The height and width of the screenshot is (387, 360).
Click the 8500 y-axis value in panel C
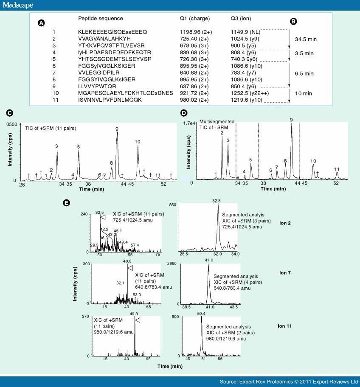12,124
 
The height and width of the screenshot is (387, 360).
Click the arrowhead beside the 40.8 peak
130,268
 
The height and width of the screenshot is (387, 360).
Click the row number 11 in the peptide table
54,100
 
